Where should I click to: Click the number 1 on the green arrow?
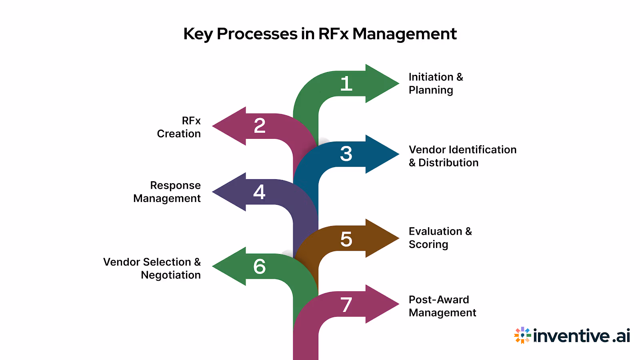click(346, 84)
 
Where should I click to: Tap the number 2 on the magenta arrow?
click(260, 126)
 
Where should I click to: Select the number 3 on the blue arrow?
click(346, 154)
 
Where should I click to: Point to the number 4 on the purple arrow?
click(259, 192)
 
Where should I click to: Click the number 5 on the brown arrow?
click(346, 239)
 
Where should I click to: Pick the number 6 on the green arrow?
click(259, 266)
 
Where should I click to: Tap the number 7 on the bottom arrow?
click(346, 305)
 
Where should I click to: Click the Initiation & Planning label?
click(435, 83)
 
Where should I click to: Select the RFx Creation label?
click(179, 127)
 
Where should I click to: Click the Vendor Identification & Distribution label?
click(462, 156)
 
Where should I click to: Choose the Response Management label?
click(167, 192)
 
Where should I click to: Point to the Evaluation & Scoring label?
click(440, 238)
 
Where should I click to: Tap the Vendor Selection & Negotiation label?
click(152, 268)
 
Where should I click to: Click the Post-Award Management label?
click(442, 306)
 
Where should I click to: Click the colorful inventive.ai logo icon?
click(522, 335)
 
